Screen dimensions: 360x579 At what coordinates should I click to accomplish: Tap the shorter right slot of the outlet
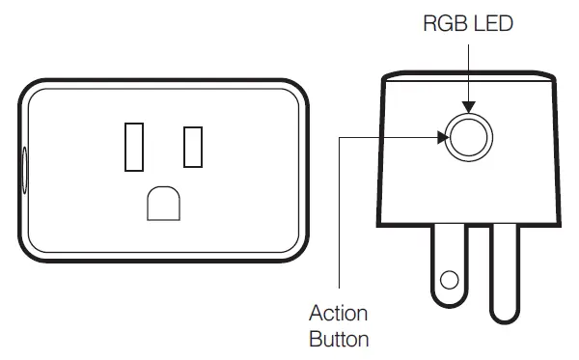[193, 147]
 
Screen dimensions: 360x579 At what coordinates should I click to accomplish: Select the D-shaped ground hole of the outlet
[163, 204]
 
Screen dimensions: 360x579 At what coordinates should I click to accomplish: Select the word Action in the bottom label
[338, 315]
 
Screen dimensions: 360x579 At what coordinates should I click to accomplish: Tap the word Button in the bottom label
[339, 339]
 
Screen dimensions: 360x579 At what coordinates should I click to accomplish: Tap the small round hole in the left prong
[448, 281]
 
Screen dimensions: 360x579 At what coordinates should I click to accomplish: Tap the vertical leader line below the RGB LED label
[470, 68]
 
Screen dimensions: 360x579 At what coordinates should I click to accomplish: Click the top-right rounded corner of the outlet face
[295, 93]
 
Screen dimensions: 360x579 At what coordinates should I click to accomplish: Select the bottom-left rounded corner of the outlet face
[33, 242]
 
